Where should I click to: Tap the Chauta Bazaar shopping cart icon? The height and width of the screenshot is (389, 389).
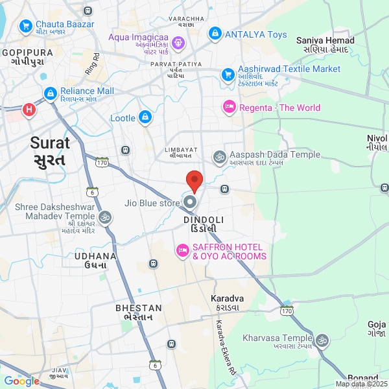(x=26, y=26)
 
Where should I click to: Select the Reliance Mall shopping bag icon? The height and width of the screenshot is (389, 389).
(x=50, y=95)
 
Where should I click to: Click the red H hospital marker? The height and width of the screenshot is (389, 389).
(x=29, y=110)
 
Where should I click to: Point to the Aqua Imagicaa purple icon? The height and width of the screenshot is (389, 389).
(x=179, y=43)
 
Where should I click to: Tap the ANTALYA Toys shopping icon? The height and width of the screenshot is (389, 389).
(x=215, y=34)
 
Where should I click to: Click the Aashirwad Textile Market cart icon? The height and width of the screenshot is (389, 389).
(x=228, y=75)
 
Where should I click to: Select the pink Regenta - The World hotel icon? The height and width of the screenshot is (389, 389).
(x=229, y=108)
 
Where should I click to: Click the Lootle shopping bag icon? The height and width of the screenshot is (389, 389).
(x=145, y=118)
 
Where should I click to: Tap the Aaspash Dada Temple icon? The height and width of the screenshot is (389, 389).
(x=219, y=156)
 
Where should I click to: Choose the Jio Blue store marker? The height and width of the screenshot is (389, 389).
(x=190, y=202)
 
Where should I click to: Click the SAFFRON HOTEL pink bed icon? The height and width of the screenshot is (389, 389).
(x=182, y=250)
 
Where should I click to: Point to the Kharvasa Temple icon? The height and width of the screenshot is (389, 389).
(x=322, y=339)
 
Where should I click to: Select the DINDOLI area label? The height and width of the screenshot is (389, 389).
(x=204, y=224)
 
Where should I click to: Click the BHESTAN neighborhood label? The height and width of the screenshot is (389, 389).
(x=138, y=312)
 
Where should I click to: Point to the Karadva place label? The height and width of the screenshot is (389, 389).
(x=227, y=302)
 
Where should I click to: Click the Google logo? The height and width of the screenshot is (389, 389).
(x=21, y=381)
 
